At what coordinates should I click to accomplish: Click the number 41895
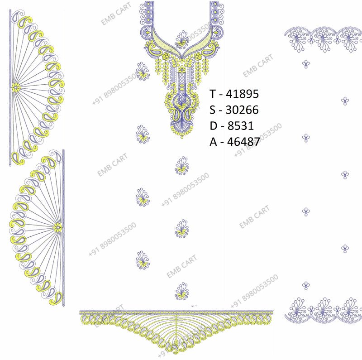click(x=243, y=94)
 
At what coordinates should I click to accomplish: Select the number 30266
click(x=242, y=110)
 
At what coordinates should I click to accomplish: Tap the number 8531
click(x=241, y=126)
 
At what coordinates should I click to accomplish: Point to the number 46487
click(x=244, y=142)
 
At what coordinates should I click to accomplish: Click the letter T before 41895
click(x=213, y=94)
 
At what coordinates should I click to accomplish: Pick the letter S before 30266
click(x=212, y=110)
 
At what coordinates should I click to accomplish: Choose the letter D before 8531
click(x=213, y=126)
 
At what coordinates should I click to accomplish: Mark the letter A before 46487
click(x=213, y=142)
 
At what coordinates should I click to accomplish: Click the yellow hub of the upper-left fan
click(x=16, y=87)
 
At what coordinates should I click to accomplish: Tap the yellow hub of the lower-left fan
click(x=57, y=228)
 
